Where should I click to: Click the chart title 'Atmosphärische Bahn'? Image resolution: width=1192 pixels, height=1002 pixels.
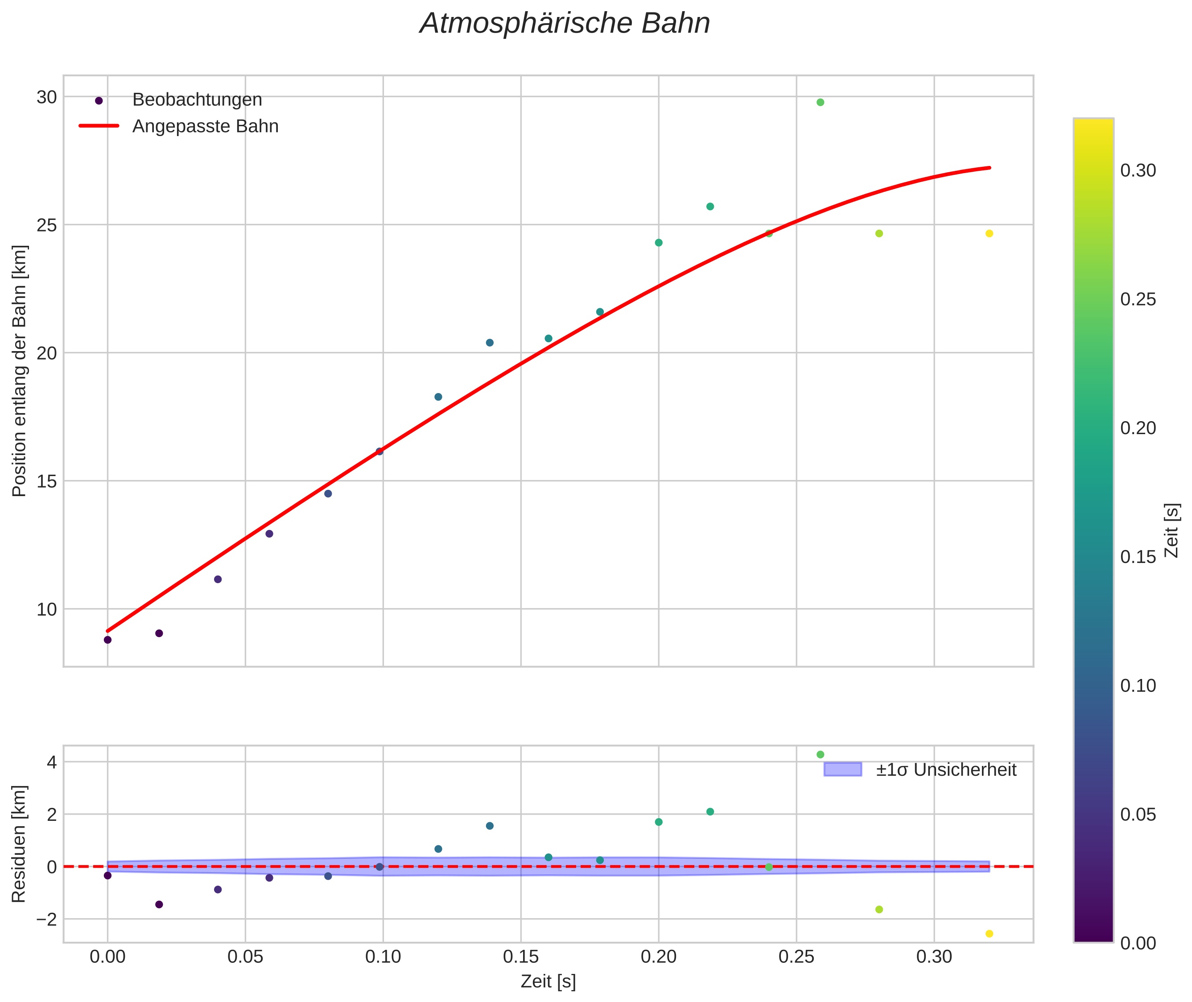(565, 24)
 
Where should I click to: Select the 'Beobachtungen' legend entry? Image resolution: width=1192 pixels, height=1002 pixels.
(197, 100)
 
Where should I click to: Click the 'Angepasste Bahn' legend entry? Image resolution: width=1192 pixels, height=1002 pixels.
(205, 126)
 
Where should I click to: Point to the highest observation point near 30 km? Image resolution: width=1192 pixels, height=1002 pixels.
(820, 102)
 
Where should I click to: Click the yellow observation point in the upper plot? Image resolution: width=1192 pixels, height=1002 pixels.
(989, 233)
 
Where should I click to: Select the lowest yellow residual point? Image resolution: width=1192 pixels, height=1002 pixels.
(989, 933)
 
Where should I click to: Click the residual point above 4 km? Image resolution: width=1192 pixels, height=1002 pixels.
(820, 754)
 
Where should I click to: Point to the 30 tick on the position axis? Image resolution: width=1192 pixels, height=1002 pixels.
(46, 97)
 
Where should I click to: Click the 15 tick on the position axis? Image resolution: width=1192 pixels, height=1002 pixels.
(46, 481)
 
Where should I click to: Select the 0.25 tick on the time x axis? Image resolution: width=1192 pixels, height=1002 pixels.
(796, 957)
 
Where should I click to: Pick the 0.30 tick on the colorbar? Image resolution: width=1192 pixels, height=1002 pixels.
(1138, 171)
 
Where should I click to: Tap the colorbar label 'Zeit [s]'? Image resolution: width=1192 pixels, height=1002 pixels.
(1171, 530)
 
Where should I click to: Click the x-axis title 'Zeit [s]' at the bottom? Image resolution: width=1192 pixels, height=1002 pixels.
(548, 981)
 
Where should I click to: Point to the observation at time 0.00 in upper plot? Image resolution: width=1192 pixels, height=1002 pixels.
(107, 640)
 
